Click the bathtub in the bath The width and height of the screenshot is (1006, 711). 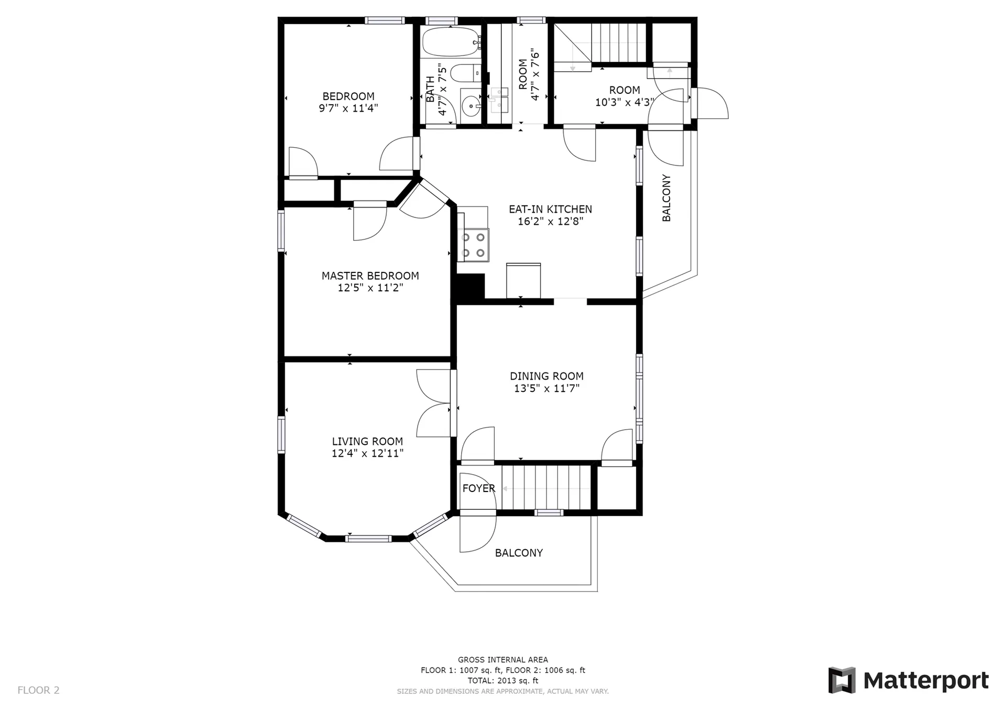tap(452, 42)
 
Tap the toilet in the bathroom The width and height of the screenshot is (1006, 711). tap(466, 73)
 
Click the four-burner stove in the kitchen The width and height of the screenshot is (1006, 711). tap(473, 245)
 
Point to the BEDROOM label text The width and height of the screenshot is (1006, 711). tap(348, 96)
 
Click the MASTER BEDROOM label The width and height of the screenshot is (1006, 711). tap(370, 276)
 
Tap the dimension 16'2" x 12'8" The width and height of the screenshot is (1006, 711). tap(551, 222)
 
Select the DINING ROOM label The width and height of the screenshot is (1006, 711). tap(546, 376)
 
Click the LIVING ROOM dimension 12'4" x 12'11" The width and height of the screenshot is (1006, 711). tap(367, 453)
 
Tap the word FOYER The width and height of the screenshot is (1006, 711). tap(478, 488)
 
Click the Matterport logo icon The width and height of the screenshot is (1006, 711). tap(841, 680)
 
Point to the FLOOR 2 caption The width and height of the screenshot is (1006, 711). tap(39, 690)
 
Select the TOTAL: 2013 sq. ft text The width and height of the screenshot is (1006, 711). tap(503, 681)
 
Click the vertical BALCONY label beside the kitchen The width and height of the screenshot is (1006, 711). tap(666, 198)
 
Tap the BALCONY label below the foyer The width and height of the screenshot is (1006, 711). tap(519, 553)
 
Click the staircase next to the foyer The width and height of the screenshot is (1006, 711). tap(546, 488)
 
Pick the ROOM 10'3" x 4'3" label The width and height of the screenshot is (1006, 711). tap(625, 96)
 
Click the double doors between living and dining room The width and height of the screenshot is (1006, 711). tap(434, 403)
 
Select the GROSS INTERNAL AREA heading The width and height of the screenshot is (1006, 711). tap(503, 660)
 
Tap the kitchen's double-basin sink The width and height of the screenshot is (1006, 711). tap(499, 100)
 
